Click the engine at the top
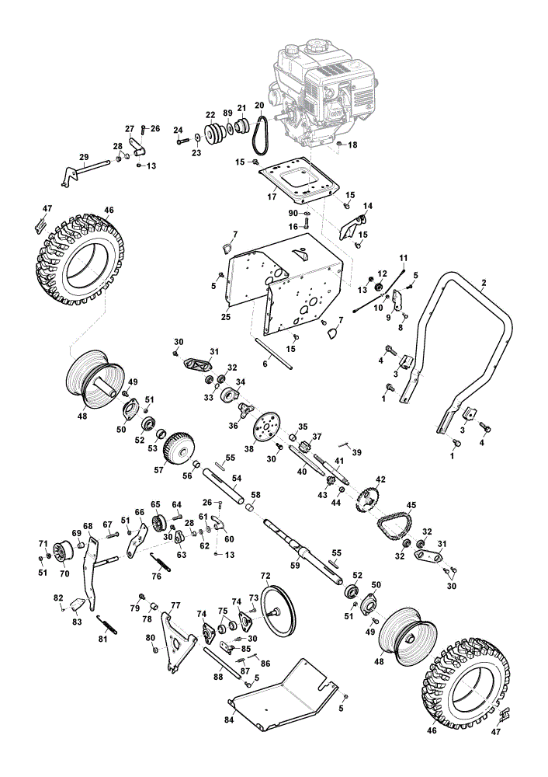322,94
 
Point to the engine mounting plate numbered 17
300,181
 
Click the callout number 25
226,317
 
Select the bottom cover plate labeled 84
283,694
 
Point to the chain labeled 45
394,523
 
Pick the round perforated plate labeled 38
266,427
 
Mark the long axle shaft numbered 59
302,550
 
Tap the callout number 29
84,158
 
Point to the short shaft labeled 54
223,488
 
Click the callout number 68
88,526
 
